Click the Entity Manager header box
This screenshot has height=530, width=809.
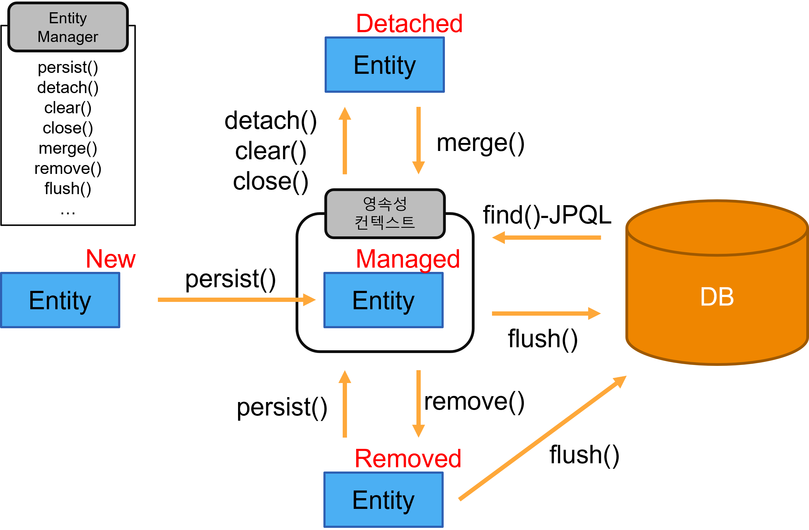[68, 27]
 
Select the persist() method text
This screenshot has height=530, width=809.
[68, 67]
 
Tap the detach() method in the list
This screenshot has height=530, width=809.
[68, 88]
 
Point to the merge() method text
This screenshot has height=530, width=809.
[68, 148]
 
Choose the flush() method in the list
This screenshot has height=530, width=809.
[68, 189]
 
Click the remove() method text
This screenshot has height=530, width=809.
[68, 168]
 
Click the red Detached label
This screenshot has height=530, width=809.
[409, 24]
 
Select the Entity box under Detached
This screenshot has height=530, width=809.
[384, 65]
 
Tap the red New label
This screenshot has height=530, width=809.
[110, 259]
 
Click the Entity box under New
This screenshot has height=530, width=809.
[60, 300]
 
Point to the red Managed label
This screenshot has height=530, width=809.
[408, 259]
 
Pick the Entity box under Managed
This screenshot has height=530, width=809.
[383, 300]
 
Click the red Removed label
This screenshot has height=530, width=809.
[408, 459]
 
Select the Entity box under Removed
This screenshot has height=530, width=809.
[383, 500]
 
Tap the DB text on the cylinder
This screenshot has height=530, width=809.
[717, 297]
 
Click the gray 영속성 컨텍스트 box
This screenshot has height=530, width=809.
[385, 214]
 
